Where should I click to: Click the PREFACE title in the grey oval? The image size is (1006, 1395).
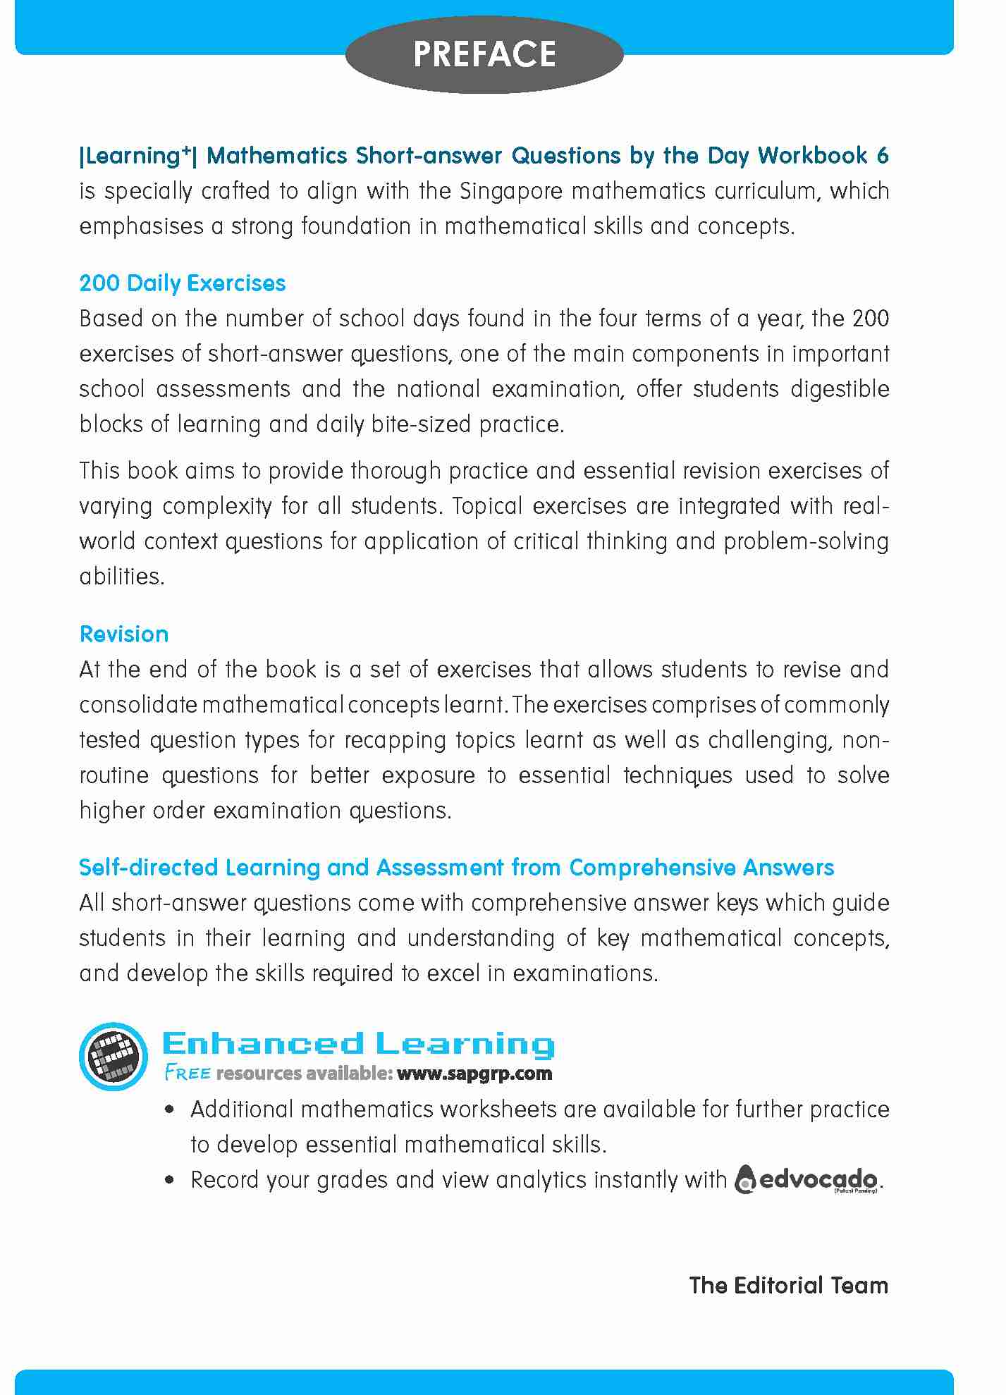484,54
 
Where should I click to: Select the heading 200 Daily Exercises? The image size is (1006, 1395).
183,283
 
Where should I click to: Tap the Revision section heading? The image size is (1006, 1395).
124,634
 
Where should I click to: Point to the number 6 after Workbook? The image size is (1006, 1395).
883,155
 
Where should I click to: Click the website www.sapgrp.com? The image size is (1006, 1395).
474,1074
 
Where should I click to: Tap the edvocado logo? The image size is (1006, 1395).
806,1179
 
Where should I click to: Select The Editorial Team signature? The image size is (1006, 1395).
788,1285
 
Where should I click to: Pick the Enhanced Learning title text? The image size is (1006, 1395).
358,1044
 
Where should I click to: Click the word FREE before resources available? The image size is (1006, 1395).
187,1074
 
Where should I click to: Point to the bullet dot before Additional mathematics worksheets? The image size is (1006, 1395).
168,1110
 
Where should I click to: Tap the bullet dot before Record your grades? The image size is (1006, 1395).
168,1181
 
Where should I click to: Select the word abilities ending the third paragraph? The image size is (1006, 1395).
121,577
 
